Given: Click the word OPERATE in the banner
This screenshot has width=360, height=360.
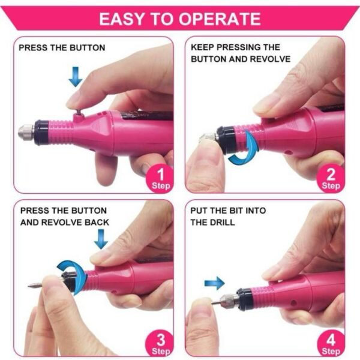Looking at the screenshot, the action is (x=220, y=19).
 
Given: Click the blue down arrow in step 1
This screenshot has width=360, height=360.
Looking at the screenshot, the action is (x=76, y=77).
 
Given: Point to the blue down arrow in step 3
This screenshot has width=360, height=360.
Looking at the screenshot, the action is (x=101, y=239).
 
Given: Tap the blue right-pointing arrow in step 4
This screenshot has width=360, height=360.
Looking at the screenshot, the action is (x=214, y=283).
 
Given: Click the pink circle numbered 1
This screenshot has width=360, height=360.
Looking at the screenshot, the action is (x=160, y=179).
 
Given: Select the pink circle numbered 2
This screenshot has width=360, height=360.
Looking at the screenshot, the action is (x=331, y=179).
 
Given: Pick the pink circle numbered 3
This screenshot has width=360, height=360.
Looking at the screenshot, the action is (x=160, y=344).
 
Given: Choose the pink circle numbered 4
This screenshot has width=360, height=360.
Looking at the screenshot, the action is (x=331, y=344).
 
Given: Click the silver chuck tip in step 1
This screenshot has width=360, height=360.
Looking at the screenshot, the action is (x=26, y=132).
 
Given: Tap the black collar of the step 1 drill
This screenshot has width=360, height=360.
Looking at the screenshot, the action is (x=41, y=133).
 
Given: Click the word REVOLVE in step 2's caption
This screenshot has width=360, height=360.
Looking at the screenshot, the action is (x=270, y=59).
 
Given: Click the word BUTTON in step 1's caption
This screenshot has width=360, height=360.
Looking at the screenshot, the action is (x=88, y=48).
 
